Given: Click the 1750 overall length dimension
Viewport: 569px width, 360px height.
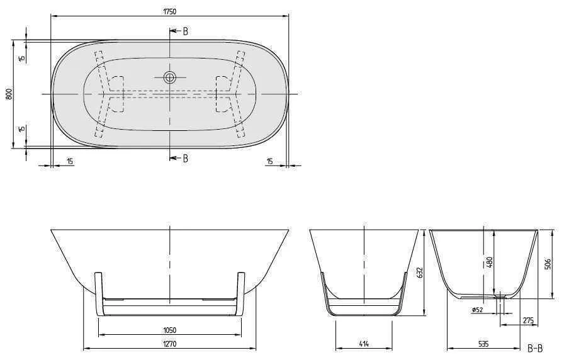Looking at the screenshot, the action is (x=169, y=11).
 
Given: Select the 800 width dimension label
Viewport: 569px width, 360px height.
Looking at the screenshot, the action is (x=9, y=94).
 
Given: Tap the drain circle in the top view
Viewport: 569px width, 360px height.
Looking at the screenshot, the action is (x=169, y=77).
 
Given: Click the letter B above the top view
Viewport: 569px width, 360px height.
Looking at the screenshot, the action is (x=185, y=31).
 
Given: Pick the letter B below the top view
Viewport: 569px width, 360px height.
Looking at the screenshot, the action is (x=185, y=158).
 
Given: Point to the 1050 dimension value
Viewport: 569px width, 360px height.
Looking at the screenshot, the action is (x=169, y=330).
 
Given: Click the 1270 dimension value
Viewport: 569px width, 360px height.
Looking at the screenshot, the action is (x=169, y=344).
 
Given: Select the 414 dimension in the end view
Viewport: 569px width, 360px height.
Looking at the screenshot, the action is (x=364, y=344).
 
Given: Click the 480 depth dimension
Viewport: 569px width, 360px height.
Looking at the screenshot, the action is (x=490, y=262).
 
